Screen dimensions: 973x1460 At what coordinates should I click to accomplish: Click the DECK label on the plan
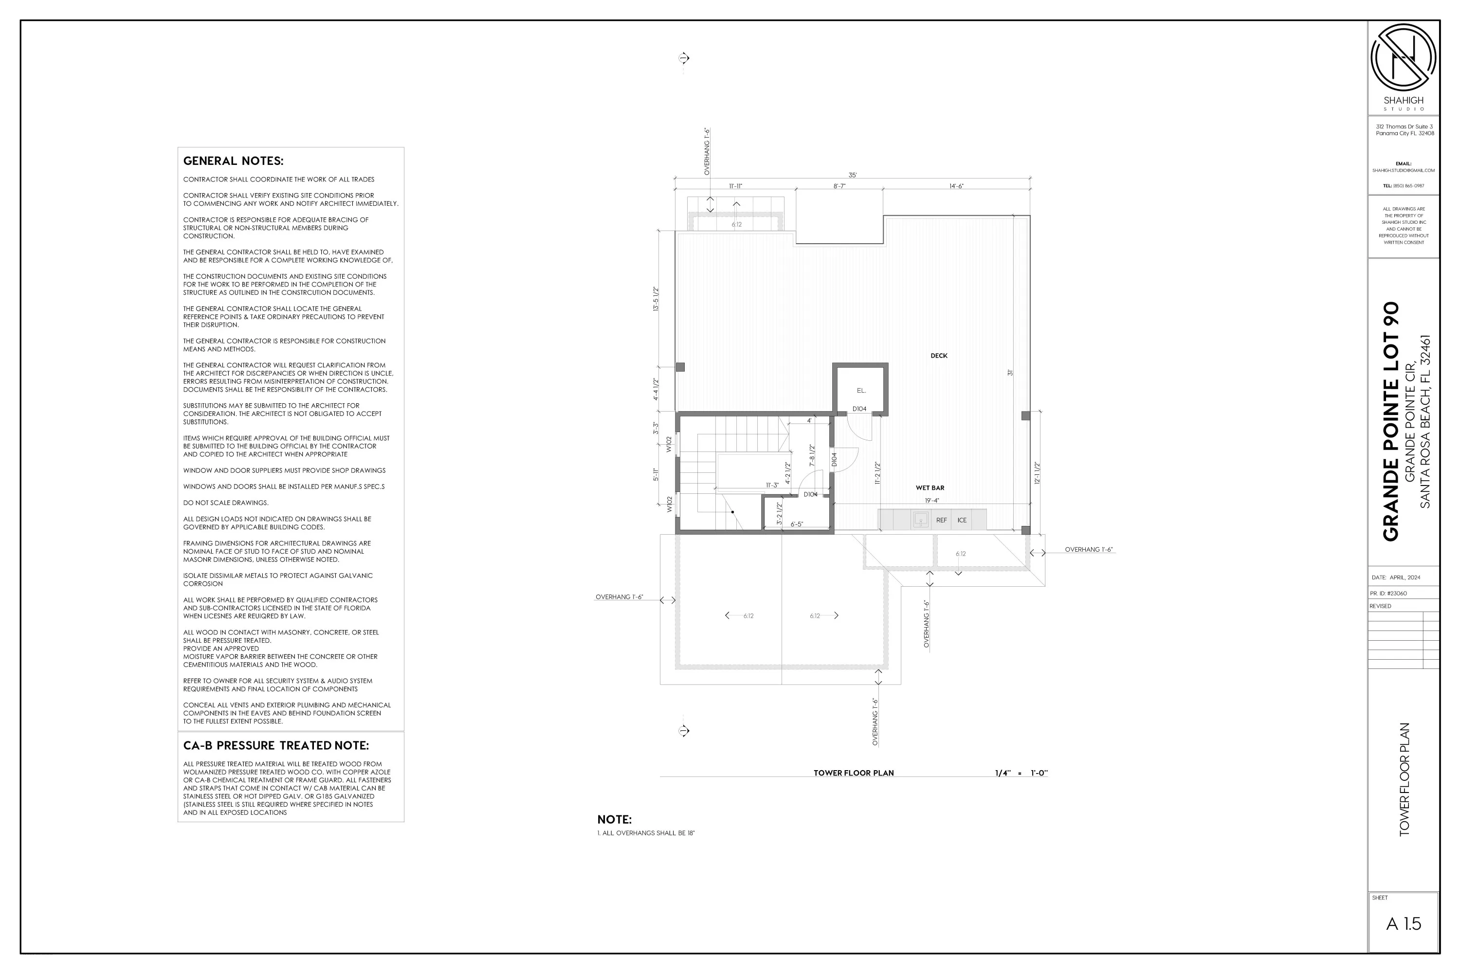[x=939, y=356]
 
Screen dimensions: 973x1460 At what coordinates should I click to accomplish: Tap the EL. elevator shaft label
[x=861, y=390]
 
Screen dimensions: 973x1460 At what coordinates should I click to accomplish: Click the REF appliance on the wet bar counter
[x=941, y=520]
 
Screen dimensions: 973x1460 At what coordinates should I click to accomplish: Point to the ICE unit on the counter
[x=962, y=520]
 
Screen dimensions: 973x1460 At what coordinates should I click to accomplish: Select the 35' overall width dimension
[x=852, y=175]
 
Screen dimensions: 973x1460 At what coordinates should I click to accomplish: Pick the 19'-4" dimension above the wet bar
[x=932, y=501]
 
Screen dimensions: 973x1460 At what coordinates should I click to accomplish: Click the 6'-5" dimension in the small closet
[x=796, y=524]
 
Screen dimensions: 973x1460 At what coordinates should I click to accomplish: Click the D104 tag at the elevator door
[x=859, y=409]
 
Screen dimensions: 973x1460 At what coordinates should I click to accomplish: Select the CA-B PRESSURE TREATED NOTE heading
[x=275, y=745]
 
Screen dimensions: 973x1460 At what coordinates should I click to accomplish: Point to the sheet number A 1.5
[x=1403, y=923]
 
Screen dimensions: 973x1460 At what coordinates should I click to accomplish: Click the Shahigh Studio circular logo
[x=1403, y=57]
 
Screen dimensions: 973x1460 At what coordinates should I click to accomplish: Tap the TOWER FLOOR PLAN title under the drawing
[x=854, y=773]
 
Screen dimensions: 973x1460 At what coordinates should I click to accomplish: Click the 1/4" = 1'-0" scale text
[x=1021, y=773]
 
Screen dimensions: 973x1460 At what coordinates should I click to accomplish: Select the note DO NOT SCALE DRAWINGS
[x=225, y=503]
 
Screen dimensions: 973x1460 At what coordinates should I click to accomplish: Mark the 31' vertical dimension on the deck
[x=1010, y=372]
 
